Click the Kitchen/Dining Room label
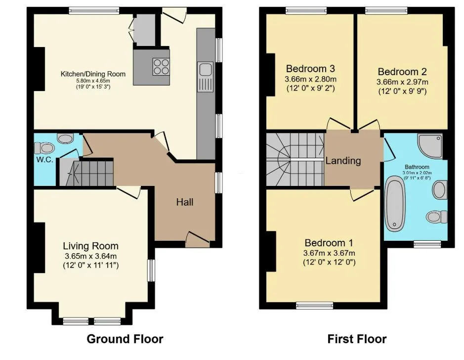[93, 74]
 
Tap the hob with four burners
[161, 67]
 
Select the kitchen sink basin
[205, 70]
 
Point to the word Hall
[185, 202]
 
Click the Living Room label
[90, 246]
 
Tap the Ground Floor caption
[125, 339]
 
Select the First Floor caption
[357, 339]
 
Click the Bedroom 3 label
[310, 69]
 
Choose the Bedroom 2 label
[402, 72]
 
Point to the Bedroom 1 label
[329, 243]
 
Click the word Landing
[343, 161]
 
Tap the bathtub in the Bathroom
[395, 204]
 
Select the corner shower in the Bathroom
[430, 146]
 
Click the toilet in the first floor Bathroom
[437, 217]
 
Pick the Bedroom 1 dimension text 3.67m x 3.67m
[329, 253]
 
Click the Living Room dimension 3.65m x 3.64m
[90, 256]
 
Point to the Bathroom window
[427, 244]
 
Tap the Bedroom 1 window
[315, 306]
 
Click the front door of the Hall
[198, 240]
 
